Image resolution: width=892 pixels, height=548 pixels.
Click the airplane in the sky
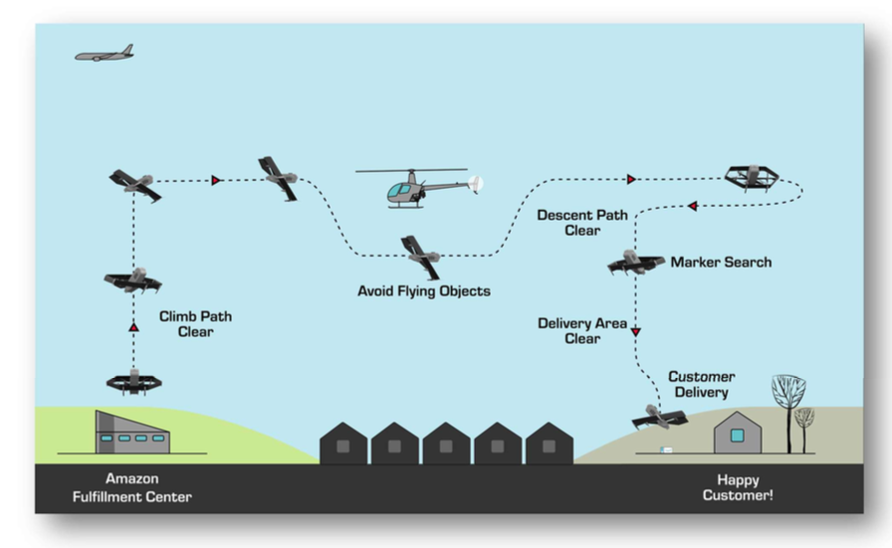click(x=105, y=54)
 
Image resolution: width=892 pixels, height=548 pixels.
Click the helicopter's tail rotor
click(x=476, y=184)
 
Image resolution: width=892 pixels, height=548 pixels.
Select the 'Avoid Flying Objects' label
click(x=424, y=291)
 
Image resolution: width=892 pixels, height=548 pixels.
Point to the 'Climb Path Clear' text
click(x=195, y=324)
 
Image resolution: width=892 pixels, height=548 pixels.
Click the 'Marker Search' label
click(x=721, y=263)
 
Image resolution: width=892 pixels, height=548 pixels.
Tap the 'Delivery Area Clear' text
click(x=582, y=331)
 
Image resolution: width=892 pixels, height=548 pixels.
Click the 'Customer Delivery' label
click(x=701, y=385)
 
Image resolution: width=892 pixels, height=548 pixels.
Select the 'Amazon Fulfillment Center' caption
click(x=131, y=487)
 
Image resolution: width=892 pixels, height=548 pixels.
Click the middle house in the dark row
click(x=446, y=444)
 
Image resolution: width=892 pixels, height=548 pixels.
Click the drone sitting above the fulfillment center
click(x=133, y=381)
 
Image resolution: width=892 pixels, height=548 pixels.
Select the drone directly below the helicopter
click(x=421, y=256)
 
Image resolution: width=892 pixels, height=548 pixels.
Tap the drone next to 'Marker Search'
click(x=635, y=263)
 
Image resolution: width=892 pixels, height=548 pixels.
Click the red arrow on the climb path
click(x=133, y=326)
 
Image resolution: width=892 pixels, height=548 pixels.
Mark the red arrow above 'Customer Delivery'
click(x=635, y=331)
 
